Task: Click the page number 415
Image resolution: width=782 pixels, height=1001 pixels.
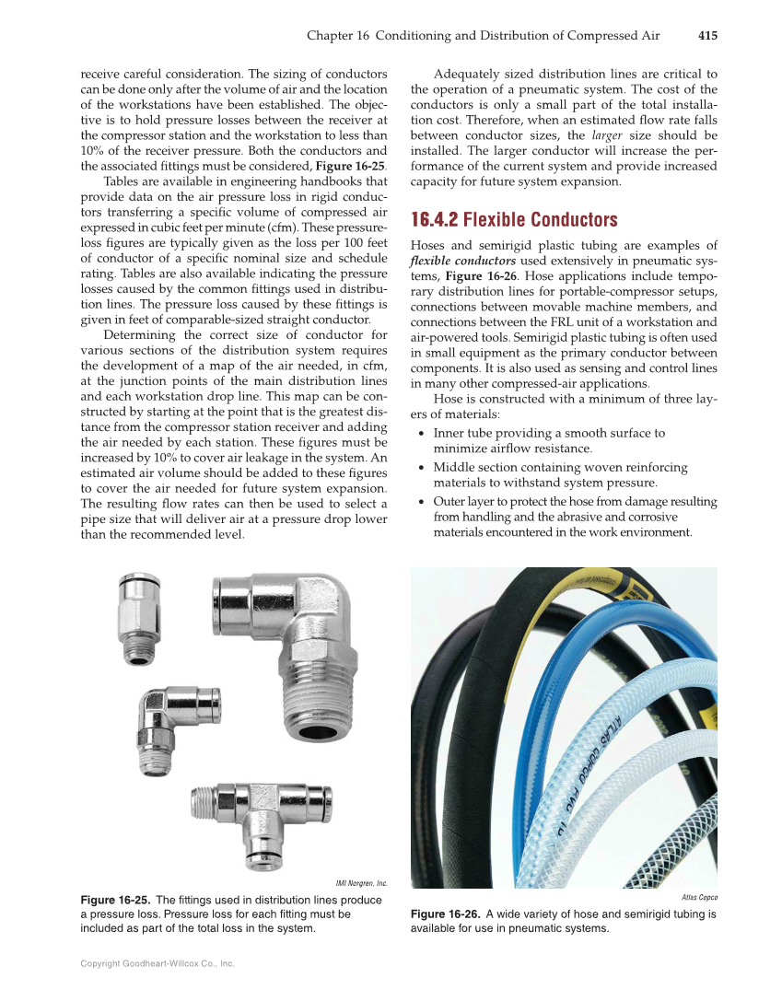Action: click(707, 36)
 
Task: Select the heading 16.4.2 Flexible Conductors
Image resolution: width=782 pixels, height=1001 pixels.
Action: click(514, 220)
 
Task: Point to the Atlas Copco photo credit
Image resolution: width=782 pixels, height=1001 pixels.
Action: click(699, 897)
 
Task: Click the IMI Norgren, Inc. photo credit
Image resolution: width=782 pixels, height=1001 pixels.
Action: click(360, 883)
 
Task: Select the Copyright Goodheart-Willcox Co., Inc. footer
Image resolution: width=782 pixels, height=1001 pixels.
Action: click(158, 963)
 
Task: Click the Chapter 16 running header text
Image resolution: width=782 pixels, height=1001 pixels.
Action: click(483, 36)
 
